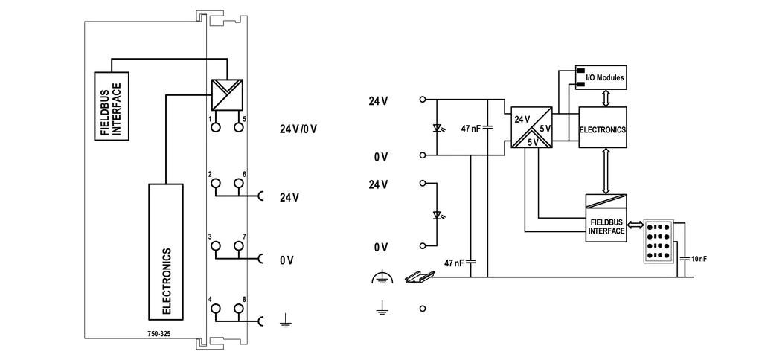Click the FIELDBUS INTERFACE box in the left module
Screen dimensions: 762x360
click(112, 106)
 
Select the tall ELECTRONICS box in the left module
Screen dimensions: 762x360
click(166, 251)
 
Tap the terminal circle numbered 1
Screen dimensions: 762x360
click(215, 126)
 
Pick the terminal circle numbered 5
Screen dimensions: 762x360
click(238, 126)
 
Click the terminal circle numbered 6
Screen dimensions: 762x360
click(238, 183)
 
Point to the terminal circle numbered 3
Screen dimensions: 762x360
click(215, 245)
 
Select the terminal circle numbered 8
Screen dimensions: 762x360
click(238, 308)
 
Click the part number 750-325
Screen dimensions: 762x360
click(159, 334)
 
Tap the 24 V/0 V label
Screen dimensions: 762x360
click(298, 129)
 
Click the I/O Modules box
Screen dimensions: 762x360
click(601, 77)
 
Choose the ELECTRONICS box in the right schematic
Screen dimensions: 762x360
click(603, 127)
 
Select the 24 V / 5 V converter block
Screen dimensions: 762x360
click(531, 127)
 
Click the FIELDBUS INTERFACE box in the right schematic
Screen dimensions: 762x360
click(606, 218)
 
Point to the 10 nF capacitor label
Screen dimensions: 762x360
click(699, 259)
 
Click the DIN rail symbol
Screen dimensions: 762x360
click(418, 277)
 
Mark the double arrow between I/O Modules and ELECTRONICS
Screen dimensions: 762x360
click(606, 98)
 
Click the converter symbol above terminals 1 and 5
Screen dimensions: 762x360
click(227, 94)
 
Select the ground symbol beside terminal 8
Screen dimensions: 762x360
click(286, 320)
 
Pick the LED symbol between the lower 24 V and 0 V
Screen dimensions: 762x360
click(437, 215)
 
